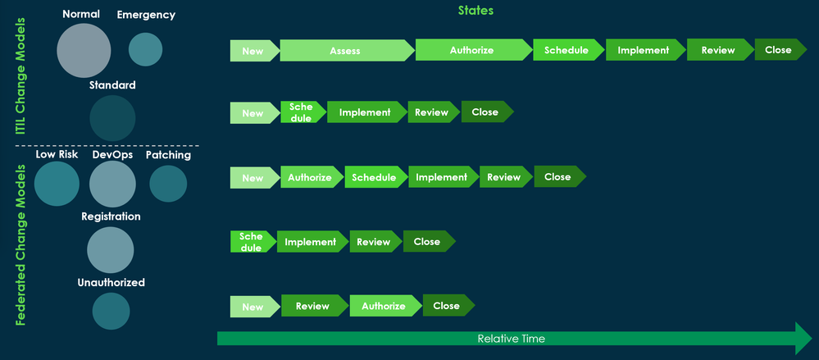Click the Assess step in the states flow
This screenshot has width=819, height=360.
(x=345, y=51)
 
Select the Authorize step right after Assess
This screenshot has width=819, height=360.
(x=471, y=51)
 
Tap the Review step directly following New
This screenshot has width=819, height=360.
(x=312, y=307)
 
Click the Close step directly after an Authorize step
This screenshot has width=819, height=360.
(x=447, y=307)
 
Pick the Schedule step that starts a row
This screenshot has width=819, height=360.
(x=252, y=242)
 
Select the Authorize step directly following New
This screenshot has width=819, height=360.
(x=310, y=178)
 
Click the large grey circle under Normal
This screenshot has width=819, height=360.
(x=84, y=50)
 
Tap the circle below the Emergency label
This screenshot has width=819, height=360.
(x=146, y=49)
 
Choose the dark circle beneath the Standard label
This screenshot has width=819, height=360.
(x=112, y=118)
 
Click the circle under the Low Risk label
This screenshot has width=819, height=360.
(x=57, y=184)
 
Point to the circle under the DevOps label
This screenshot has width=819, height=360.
(x=112, y=184)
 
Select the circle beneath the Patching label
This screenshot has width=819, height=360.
(x=169, y=184)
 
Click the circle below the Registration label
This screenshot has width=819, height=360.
(x=111, y=250)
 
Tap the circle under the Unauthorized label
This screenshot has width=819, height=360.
(x=111, y=311)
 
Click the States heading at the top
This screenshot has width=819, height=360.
(x=475, y=11)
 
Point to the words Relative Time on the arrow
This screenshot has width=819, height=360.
(x=511, y=339)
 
